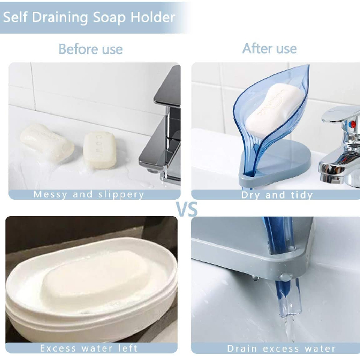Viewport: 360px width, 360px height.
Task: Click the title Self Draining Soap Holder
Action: click(89, 16)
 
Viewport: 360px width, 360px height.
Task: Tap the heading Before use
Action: click(90, 49)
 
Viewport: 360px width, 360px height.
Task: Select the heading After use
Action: click(269, 48)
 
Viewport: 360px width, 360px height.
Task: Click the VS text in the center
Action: click(186, 209)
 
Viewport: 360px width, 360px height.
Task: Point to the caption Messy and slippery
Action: click(89, 194)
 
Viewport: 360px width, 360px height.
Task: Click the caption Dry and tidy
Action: click(277, 195)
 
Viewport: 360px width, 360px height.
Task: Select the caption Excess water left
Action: click(89, 348)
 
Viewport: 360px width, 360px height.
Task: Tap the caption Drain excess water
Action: click(281, 348)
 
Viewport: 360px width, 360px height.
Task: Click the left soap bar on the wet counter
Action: click(47, 142)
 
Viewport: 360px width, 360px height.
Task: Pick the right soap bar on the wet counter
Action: click(99, 149)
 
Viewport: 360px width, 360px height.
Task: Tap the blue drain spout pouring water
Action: click(286, 294)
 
